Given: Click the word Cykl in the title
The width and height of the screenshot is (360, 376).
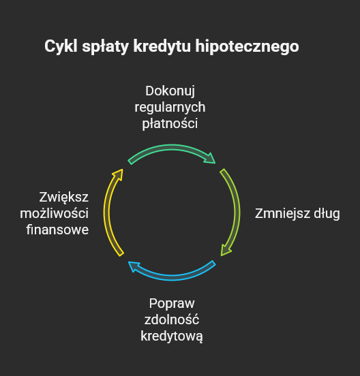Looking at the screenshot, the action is [61, 46].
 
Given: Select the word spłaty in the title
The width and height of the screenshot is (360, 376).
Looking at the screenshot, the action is [106, 47].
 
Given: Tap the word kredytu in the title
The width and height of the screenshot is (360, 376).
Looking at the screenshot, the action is [162, 47].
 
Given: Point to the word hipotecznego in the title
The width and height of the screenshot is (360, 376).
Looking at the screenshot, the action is [247, 47].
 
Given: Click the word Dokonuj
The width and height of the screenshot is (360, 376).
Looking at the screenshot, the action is [170, 91].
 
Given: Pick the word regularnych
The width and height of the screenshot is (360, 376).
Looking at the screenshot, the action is [170, 108].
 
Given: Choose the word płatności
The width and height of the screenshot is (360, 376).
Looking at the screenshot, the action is [170, 124].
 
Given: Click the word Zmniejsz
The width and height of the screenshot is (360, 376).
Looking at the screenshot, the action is [282, 214].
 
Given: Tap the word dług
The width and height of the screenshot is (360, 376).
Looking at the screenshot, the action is [327, 214].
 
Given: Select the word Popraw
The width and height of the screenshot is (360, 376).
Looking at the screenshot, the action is [172, 304].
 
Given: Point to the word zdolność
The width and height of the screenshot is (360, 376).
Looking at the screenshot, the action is [172, 320].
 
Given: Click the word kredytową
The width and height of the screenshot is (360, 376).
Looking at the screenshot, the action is [172, 336].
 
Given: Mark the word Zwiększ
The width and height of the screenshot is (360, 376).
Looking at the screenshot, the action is [64, 198].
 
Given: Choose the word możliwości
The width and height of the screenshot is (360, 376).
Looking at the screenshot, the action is [55, 214].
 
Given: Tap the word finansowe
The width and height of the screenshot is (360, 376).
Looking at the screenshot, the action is [57, 230].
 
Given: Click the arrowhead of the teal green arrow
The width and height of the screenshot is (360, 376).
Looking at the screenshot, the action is [210, 159].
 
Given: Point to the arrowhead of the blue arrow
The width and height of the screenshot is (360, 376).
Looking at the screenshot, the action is [134, 266].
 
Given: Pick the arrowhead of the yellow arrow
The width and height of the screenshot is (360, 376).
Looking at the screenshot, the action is [119, 174].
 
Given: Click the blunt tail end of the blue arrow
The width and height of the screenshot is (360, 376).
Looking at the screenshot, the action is [213, 262].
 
